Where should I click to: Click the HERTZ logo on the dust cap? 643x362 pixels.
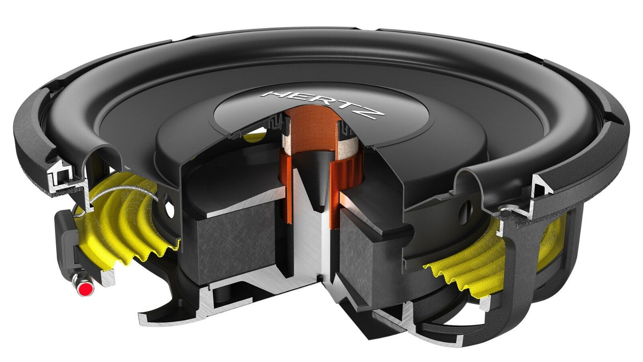[320, 104]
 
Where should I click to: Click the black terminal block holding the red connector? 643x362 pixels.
[66, 240]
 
